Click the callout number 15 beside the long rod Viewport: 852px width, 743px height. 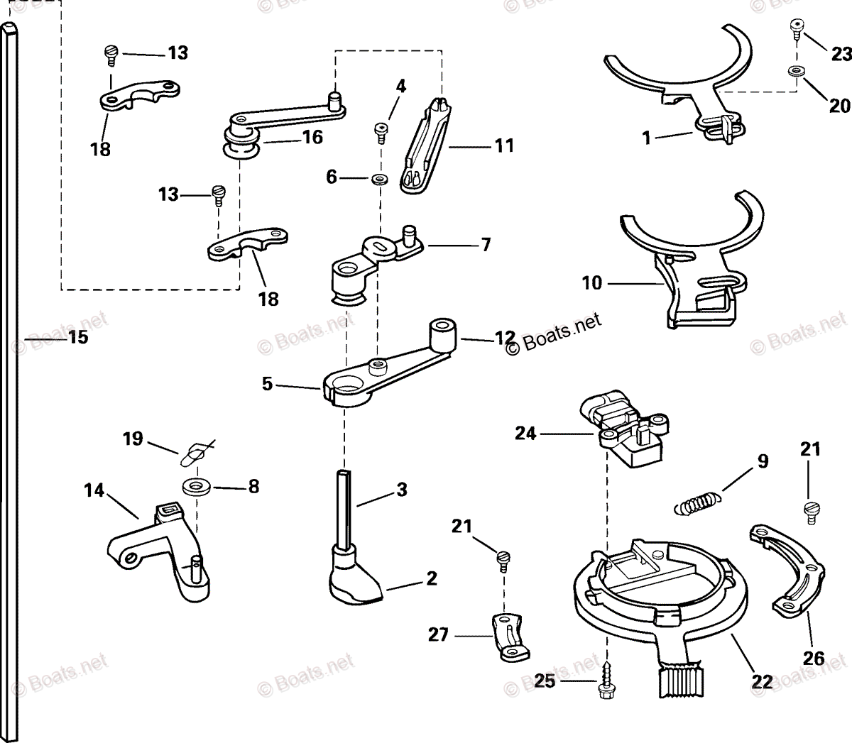click(78, 338)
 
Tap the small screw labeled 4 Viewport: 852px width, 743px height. click(381, 130)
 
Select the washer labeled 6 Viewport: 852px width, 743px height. click(379, 177)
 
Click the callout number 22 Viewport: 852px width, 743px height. click(762, 681)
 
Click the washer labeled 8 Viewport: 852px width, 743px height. click(193, 488)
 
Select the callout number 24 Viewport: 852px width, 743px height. click(525, 432)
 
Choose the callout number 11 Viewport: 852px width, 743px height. click(504, 145)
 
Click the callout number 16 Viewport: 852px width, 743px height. click(312, 136)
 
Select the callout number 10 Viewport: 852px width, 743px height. click(591, 283)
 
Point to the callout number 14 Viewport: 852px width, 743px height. click(94, 490)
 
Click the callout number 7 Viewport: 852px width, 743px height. click(486, 246)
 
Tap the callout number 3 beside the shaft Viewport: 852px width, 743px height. click(402, 489)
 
